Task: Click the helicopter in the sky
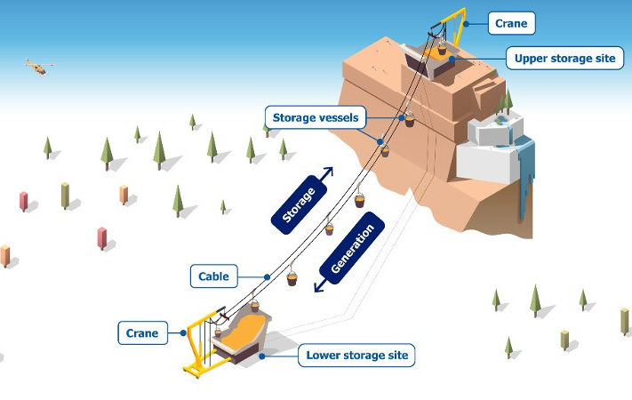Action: pyautogui.click(x=39, y=68)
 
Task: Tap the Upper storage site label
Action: pyautogui.click(x=564, y=58)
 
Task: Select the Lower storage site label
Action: pyautogui.click(x=356, y=356)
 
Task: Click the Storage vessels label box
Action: pyautogui.click(x=316, y=117)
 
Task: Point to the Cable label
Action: pyautogui.click(x=213, y=276)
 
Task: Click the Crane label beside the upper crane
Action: pyautogui.click(x=511, y=23)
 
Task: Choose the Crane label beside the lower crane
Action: pyautogui.click(x=143, y=333)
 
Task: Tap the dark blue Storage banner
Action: pyautogui.click(x=299, y=204)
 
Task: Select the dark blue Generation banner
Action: pyautogui.click(x=352, y=248)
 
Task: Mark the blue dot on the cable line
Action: pyautogui.click(x=268, y=277)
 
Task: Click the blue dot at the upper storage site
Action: pyautogui.click(x=452, y=59)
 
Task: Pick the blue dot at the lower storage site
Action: pyautogui.click(x=262, y=356)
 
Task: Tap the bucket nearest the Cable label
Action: pyautogui.click(x=292, y=278)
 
